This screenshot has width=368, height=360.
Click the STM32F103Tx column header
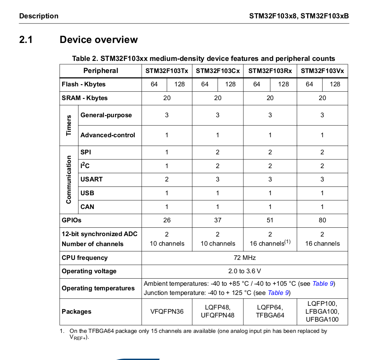click(167, 71)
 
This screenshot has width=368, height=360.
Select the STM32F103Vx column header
click(322, 71)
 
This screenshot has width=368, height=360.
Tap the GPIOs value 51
click(270, 220)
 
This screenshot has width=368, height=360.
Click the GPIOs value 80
click(322, 220)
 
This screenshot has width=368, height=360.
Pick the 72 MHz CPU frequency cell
click(245, 258)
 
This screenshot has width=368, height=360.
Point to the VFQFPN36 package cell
click(167, 312)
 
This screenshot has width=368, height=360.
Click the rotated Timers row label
click(69, 125)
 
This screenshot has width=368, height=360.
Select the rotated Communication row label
click(69, 179)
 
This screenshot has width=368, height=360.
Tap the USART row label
click(91, 179)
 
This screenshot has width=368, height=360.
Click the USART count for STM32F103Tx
click(167, 179)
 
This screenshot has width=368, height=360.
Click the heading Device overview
click(98, 40)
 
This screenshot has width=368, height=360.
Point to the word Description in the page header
click(39, 16)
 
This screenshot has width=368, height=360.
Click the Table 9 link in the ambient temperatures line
click(323, 284)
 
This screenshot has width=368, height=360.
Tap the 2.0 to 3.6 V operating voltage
click(245, 271)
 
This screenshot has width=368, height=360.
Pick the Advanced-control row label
click(108, 135)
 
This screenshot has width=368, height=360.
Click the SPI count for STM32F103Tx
click(167, 152)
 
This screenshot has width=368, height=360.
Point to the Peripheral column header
click(100, 71)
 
